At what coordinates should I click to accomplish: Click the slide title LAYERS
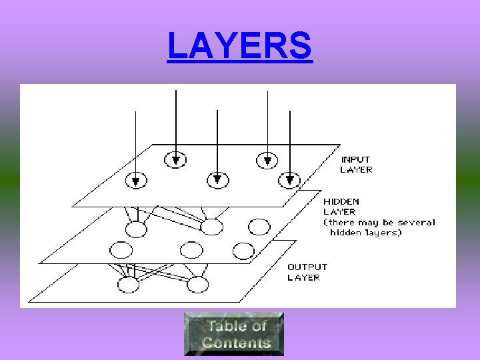coord(239,46)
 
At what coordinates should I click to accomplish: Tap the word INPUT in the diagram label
coord(355,159)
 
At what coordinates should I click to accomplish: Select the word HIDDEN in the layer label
coord(341,201)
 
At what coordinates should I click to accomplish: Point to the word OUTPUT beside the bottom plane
coord(307,267)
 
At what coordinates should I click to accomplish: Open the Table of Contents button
coord(234,334)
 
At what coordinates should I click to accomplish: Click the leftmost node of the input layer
coord(136,180)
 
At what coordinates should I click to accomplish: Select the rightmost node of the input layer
coord(290,179)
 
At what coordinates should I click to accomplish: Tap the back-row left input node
coord(176,159)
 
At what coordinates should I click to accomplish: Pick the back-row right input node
coord(267,159)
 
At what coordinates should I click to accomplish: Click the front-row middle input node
coord(217,179)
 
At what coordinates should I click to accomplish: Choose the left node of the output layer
coord(128,285)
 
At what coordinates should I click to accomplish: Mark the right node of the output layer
coord(198,285)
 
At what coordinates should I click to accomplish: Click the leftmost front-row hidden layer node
coord(121,251)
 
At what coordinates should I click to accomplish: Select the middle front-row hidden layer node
coord(191,251)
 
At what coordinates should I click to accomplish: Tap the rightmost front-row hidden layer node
coord(243,251)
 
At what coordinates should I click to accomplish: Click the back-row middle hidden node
coord(211,227)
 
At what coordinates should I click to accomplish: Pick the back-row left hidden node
coord(137,229)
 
